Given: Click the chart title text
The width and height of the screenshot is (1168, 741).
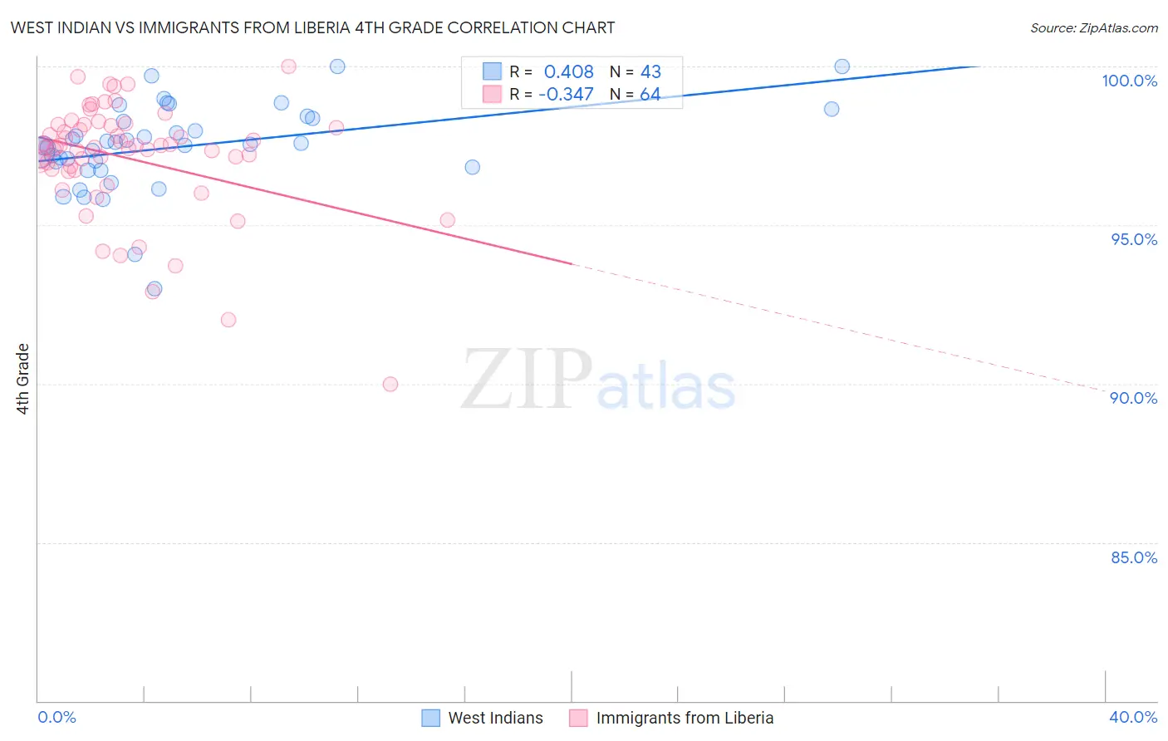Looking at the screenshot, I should (312, 27).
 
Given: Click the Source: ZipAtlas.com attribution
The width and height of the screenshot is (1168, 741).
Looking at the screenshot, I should (1093, 27).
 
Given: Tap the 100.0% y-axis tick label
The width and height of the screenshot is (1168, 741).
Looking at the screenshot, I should (1129, 81).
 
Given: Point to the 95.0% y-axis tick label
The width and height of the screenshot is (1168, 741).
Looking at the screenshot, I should (1134, 239).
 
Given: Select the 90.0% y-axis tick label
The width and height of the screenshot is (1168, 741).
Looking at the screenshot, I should (1134, 398).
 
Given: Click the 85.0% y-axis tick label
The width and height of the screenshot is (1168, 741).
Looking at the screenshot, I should (1134, 557).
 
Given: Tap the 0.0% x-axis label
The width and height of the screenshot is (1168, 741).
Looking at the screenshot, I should (56, 717).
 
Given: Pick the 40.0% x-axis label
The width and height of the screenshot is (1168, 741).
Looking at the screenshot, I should (1133, 717).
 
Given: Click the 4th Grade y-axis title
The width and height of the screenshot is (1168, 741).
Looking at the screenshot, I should (23, 379).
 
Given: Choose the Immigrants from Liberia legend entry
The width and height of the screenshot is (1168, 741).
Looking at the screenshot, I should (671, 718).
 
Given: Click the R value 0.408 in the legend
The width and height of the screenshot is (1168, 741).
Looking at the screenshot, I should (568, 72).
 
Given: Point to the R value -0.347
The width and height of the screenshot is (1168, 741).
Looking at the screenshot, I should (566, 94).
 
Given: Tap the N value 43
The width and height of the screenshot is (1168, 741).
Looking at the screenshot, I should (650, 72).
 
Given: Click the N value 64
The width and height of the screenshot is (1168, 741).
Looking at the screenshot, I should (650, 94).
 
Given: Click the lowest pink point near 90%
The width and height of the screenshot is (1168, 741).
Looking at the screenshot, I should (390, 384).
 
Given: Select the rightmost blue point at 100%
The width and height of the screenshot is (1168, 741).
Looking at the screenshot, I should (842, 66).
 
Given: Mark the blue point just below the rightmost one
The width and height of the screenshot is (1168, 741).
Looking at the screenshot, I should (832, 109).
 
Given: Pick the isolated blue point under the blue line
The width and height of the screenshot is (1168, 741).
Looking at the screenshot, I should (472, 167).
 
